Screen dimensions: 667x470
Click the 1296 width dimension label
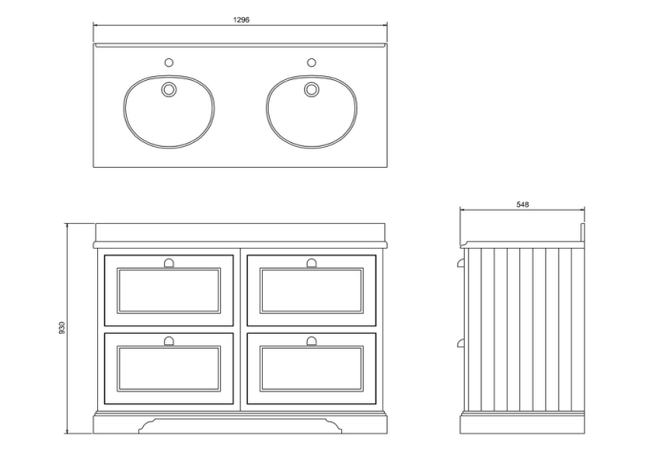coord(241,20)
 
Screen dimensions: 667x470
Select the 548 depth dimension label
coord(522,205)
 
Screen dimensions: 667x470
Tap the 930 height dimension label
coord(62,327)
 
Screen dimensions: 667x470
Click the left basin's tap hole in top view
coord(169,63)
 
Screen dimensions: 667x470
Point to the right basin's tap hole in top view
coord(312,63)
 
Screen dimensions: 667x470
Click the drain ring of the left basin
coord(169,90)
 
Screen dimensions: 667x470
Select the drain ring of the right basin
coord(312,90)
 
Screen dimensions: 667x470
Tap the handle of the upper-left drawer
coord(169,263)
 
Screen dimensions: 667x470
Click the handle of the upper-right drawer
coord(312,263)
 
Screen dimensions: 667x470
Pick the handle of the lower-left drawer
coord(169,340)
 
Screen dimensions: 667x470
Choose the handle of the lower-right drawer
coord(312,340)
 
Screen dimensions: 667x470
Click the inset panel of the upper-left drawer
coord(169,291)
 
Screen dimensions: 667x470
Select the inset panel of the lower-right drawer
coord(312,369)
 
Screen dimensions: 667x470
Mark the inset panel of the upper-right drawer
coord(312,291)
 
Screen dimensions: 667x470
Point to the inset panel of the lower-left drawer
coord(169,369)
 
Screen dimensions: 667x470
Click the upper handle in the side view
coord(460,263)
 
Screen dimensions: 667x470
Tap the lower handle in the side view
coord(460,342)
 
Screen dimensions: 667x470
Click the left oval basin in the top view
coord(169,112)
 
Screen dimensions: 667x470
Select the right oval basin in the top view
coord(312,112)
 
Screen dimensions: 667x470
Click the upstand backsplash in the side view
coord(583,233)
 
